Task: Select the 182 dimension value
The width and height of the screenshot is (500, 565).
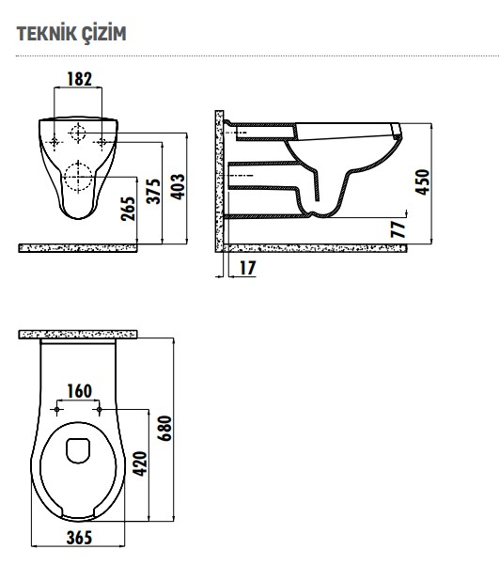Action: click(x=81, y=79)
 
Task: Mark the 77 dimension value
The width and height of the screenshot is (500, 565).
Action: click(x=398, y=229)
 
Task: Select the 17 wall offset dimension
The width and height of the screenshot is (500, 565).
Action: click(x=247, y=268)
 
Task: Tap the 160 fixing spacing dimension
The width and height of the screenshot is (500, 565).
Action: click(x=79, y=391)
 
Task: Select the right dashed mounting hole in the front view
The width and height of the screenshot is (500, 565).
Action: click(x=102, y=142)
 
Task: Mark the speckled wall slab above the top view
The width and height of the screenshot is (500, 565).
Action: click(x=80, y=334)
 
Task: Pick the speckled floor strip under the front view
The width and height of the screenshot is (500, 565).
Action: click(x=80, y=248)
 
